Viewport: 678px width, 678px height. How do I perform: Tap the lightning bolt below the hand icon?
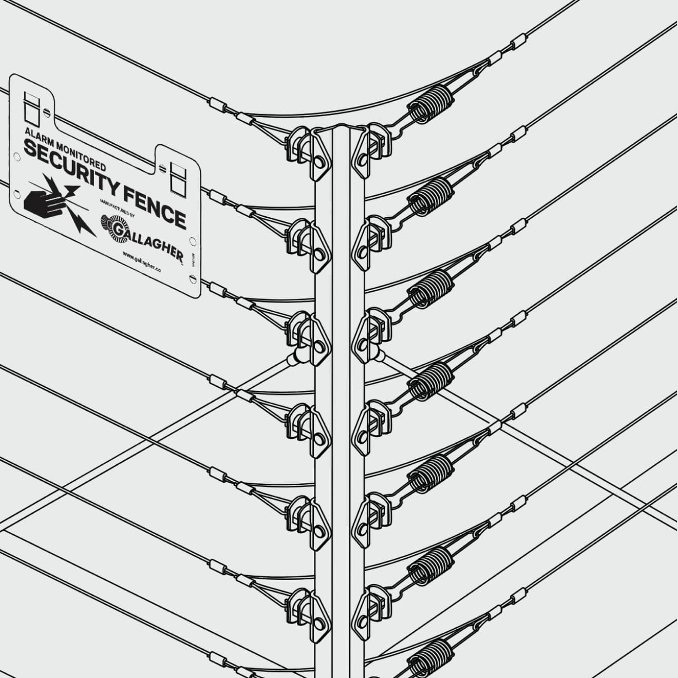point(82,224)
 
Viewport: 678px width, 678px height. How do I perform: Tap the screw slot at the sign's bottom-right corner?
point(192,279)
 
